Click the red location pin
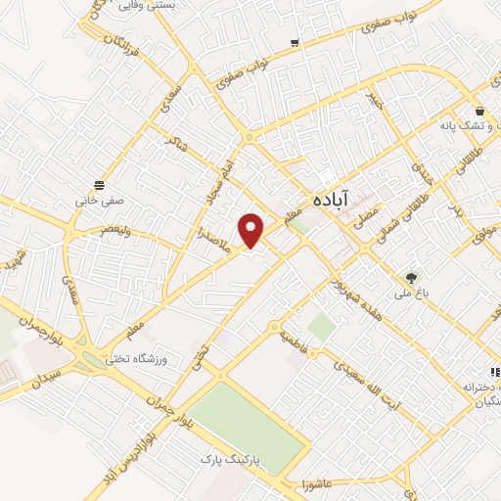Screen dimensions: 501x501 coord(252,229)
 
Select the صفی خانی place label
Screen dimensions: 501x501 coord(96,201)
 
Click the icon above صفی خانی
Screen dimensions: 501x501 coord(98,185)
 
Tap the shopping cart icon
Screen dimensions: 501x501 coord(295,43)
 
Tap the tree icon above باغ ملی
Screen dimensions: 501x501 coord(412,250)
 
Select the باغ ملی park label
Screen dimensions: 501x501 coord(411,266)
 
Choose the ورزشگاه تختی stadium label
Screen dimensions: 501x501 coord(139,359)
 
